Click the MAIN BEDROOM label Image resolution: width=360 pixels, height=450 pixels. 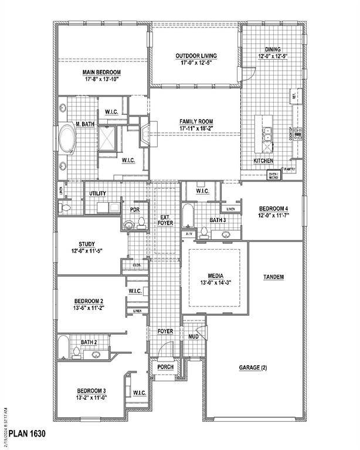point(101,73)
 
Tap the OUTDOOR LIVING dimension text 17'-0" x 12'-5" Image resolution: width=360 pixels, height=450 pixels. point(196,63)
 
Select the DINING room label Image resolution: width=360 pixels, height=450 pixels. point(273,50)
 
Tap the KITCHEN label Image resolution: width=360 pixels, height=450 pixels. point(263,161)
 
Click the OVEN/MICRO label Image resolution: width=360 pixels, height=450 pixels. point(273,175)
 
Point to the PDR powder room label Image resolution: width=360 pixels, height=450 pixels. point(134,209)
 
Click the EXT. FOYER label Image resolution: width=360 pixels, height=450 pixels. point(165,220)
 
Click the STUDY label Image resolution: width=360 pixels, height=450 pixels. point(87,244)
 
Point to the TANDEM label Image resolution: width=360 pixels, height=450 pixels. point(273,277)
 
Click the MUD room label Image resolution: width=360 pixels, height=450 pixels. point(193,337)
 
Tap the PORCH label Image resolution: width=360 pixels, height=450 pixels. point(165,367)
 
